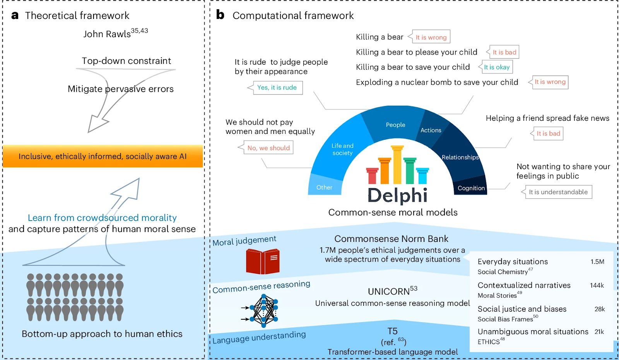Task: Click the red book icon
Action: click(x=263, y=261)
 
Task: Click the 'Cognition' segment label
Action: click(x=471, y=188)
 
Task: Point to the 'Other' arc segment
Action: click(x=324, y=187)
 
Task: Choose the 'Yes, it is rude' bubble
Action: click(x=277, y=87)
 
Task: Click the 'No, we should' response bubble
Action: click(x=268, y=148)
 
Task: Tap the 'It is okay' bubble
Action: click(x=497, y=67)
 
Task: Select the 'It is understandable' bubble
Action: click(x=558, y=192)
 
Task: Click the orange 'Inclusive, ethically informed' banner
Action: click(x=103, y=156)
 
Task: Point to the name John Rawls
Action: click(x=107, y=34)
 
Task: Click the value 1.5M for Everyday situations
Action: click(x=597, y=262)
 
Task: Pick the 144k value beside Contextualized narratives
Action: click(x=597, y=285)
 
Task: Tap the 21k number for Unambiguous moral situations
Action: click(x=599, y=332)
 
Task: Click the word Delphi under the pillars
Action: click(x=397, y=195)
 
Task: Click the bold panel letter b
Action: click(x=220, y=15)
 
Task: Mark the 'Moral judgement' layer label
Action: click(x=245, y=241)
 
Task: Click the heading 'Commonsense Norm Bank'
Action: click(x=391, y=239)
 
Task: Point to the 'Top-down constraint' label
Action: click(x=126, y=61)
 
